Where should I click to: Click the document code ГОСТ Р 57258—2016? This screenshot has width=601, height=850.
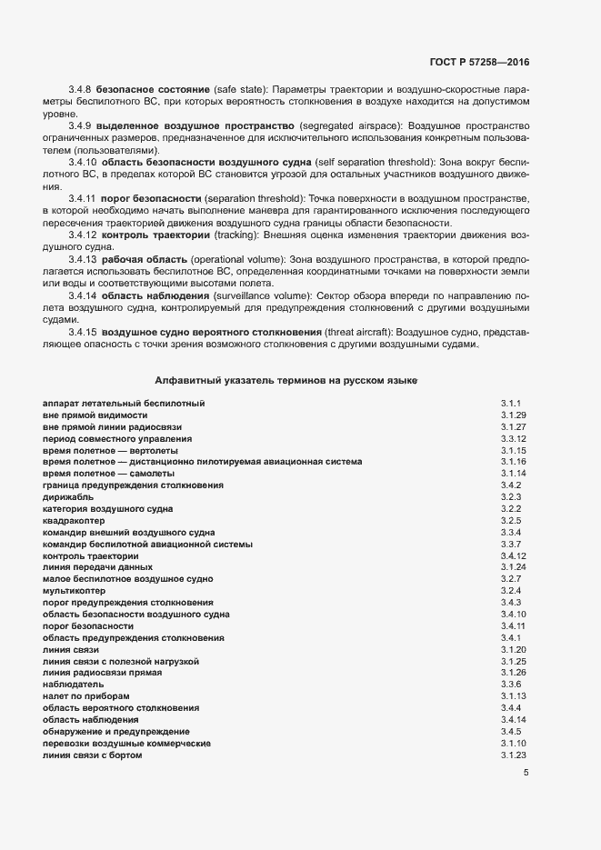tap(479, 62)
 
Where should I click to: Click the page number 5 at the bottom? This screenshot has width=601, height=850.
tap(526, 773)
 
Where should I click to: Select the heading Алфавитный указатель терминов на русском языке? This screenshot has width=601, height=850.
tap(286, 379)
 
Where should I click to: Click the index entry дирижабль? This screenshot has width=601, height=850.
tap(65, 497)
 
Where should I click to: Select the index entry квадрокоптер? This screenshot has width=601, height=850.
tap(74, 521)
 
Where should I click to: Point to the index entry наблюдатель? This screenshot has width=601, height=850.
tap(73, 684)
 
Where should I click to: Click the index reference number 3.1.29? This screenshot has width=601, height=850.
tap(514, 415)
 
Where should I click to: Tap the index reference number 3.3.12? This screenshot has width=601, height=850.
tap(514, 438)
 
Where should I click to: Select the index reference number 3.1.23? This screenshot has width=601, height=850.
tap(514, 755)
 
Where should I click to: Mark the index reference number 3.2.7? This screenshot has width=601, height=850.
tap(510, 578)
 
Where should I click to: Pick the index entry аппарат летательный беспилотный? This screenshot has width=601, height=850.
tap(124, 403)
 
